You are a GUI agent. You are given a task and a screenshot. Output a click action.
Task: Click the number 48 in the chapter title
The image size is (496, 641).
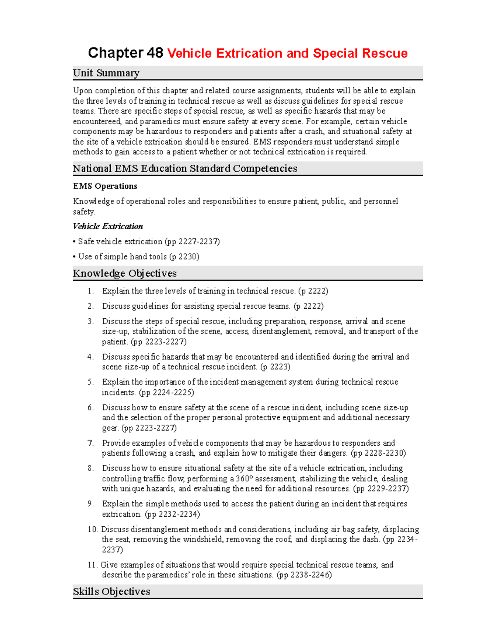click(x=155, y=53)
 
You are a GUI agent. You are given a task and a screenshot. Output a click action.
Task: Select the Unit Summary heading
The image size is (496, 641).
click(x=106, y=73)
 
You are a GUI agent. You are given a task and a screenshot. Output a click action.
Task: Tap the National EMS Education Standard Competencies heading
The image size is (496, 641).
click(x=185, y=168)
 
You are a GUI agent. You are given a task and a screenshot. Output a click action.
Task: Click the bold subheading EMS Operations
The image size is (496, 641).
click(x=105, y=186)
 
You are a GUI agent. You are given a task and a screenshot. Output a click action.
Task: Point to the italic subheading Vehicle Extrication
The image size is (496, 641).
click(x=108, y=226)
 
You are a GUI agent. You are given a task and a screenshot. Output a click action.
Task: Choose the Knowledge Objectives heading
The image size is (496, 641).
click(x=124, y=273)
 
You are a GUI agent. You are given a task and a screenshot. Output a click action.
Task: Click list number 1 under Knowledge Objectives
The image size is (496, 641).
click(x=91, y=291)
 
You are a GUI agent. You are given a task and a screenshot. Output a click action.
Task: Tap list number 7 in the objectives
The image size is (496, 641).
click(x=91, y=443)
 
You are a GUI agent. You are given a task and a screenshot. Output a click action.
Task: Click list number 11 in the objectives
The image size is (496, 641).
click(x=92, y=565)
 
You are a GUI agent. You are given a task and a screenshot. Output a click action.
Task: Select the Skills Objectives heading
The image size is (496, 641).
click(x=111, y=591)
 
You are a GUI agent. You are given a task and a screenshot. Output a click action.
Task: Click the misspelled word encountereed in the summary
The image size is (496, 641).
click(x=97, y=121)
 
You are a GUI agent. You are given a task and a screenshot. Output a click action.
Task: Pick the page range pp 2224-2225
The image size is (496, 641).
click(x=167, y=393)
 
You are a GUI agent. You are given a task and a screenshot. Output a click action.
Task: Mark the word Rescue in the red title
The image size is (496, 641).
click(x=384, y=53)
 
